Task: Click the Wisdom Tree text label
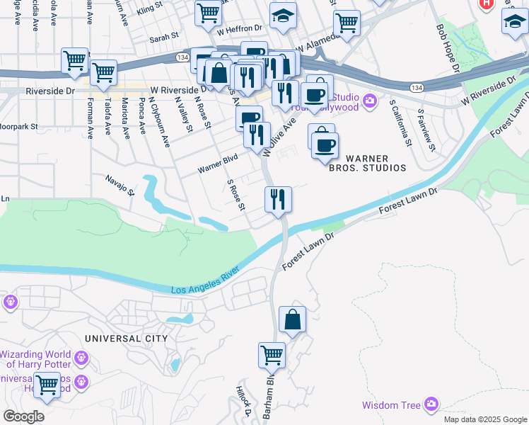coord(390,406)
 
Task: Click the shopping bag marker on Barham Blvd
coord(292,320)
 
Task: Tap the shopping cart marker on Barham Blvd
coord(272,355)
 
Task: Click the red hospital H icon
coord(486,4)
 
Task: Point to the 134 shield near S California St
coord(418,86)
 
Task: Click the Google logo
coord(23,416)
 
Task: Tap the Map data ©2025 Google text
coord(484,419)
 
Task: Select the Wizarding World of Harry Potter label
coord(35,359)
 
